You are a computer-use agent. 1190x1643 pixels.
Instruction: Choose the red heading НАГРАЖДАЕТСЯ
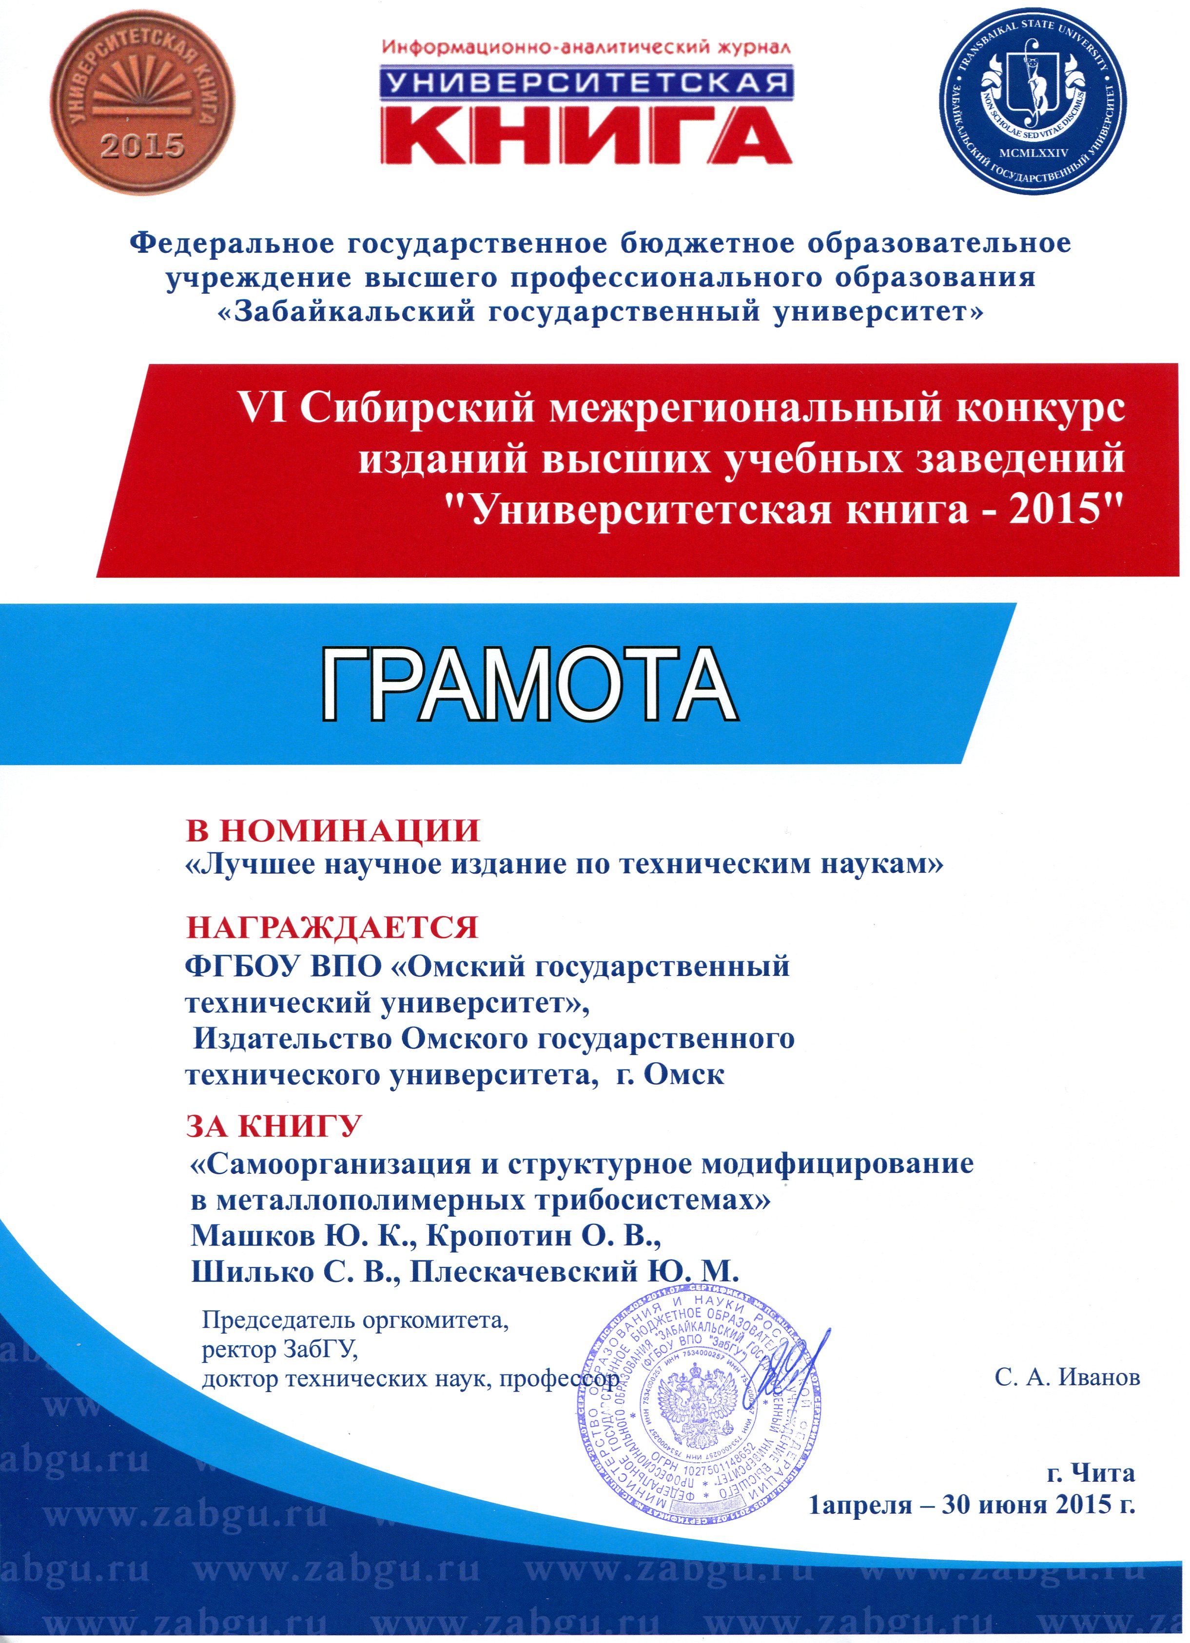point(332,927)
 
